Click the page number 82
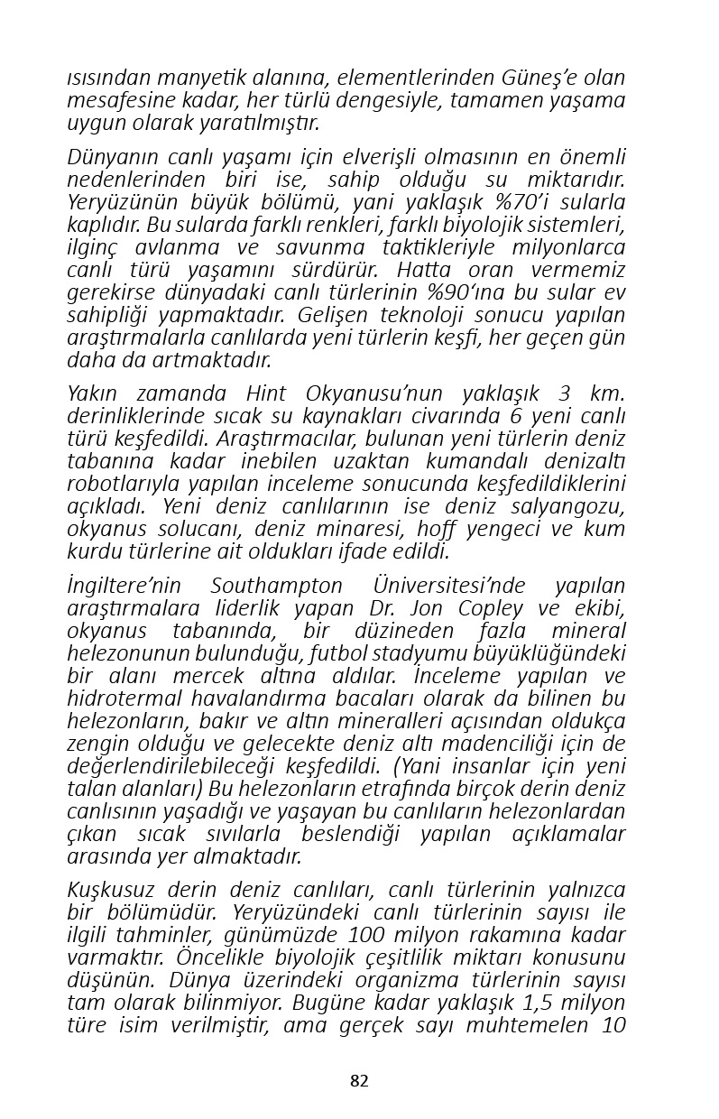(x=359, y=1081)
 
